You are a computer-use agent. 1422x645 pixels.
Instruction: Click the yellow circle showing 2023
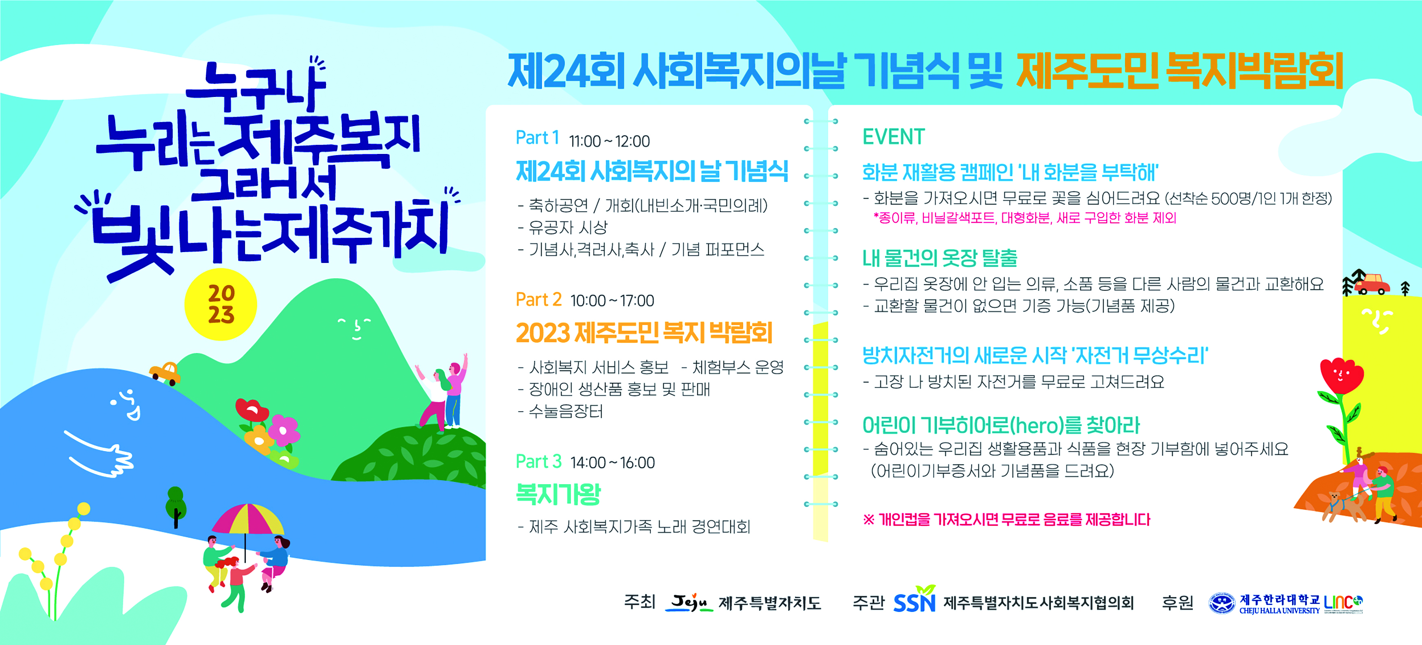221,304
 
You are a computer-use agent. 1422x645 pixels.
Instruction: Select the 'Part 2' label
538,299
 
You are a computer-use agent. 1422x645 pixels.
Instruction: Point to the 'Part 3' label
538,461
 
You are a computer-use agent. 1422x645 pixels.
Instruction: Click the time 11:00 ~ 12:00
609,141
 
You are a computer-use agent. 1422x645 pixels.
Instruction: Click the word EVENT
893,136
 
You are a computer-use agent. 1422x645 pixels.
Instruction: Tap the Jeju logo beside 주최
689,602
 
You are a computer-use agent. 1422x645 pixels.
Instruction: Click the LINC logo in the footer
1343,603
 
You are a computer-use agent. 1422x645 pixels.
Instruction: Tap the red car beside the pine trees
1373,283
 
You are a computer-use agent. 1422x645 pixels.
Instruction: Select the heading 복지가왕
558,494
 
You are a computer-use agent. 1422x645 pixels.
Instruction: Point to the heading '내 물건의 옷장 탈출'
940,258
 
